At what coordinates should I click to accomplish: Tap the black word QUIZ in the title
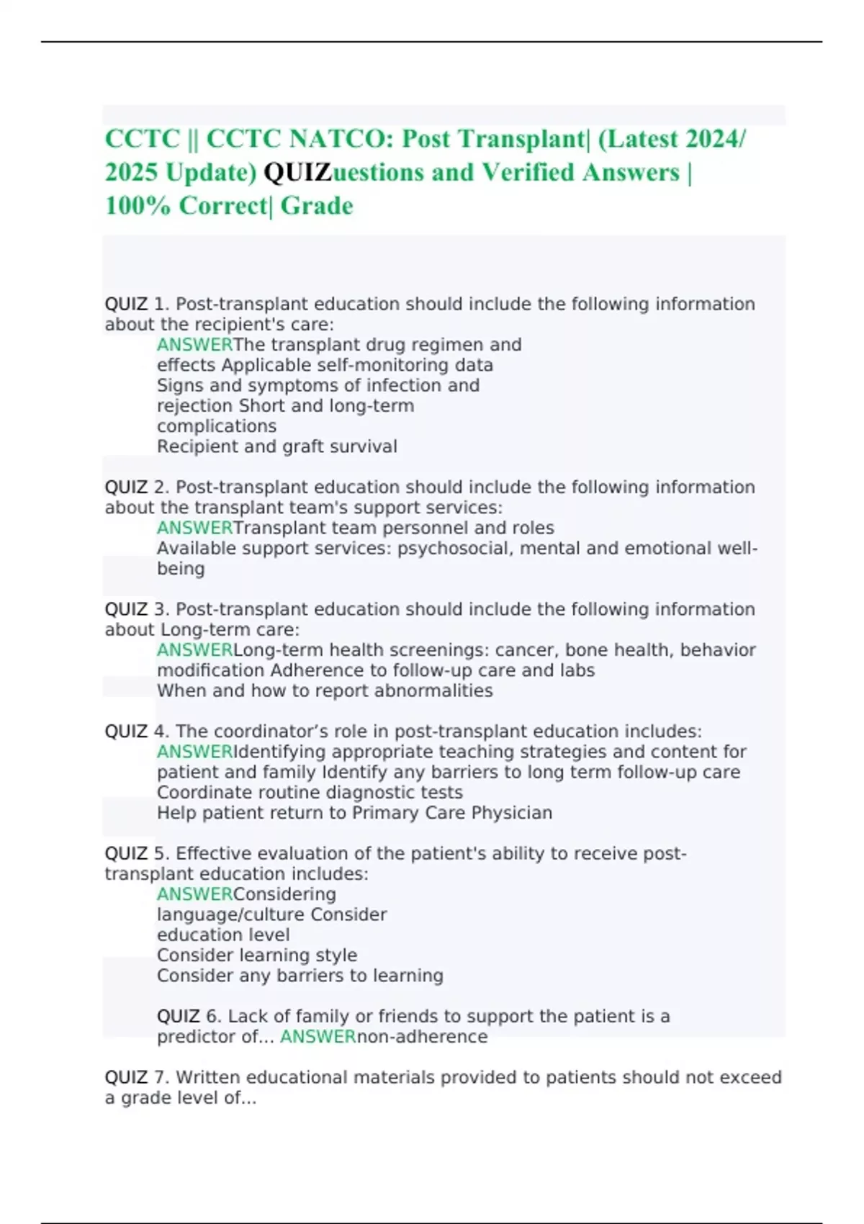pos(297,173)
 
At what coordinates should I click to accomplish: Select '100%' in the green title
pos(138,206)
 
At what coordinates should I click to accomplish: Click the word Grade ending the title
pos(317,206)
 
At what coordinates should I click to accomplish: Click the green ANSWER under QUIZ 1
pos(194,345)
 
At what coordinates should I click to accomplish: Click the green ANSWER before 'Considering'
pos(194,894)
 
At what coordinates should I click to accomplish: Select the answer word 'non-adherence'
pos(422,1037)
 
